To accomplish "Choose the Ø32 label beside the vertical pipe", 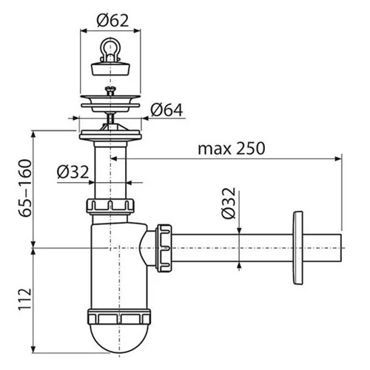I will (x=73, y=172).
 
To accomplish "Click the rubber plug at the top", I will (x=112, y=69).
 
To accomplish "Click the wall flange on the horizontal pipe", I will (x=298, y=244).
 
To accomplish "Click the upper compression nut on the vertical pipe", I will (x=112, y=204).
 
